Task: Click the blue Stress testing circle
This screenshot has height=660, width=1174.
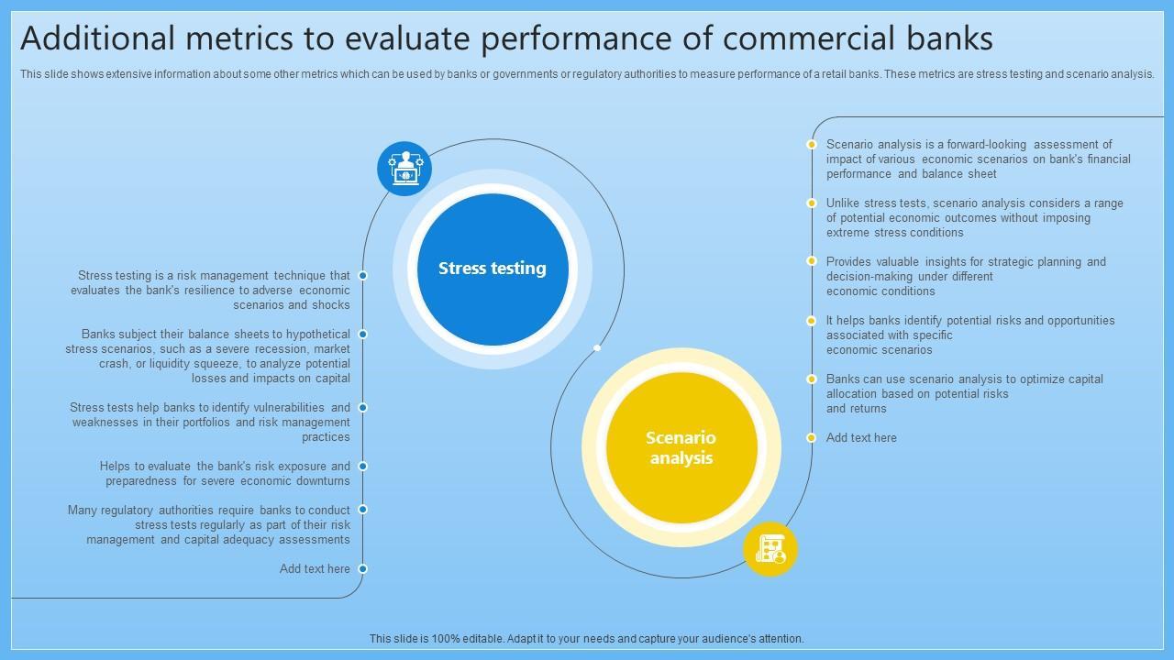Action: click(x=493, y=269)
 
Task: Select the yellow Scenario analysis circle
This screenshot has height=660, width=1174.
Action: click(x=681, y=447)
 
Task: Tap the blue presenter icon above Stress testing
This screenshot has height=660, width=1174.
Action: click(x=404, y=169)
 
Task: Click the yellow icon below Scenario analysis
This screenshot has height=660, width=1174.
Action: click(x=770, y=549)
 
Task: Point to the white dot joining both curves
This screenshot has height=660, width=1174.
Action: click(x=597, y=348)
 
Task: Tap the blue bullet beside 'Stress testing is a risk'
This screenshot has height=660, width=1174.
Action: click(x=363, y=276)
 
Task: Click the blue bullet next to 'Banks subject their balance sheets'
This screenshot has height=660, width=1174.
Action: click(x=363, y=335)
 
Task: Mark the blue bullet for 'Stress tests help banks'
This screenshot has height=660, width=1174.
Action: click(x=363, y=408)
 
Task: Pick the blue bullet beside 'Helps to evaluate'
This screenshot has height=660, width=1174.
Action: click(x=363, y=467)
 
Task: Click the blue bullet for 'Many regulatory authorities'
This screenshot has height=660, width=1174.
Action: click(x=363, y=510)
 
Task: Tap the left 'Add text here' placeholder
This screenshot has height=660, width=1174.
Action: click(x=315, y=569)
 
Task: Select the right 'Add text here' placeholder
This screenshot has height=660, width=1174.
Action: click(x=861, y=438)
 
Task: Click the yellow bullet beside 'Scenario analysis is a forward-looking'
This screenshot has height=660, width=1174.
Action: click(x=812, y=145)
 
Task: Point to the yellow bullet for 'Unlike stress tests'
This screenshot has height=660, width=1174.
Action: click(x=812, y=203)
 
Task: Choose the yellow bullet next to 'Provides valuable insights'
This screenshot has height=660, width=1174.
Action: click(x=812, y=261)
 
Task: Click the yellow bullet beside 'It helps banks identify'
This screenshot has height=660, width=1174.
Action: click(x=812, y=321)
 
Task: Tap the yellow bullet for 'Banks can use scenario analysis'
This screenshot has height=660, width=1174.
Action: click(x=812, y=379)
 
